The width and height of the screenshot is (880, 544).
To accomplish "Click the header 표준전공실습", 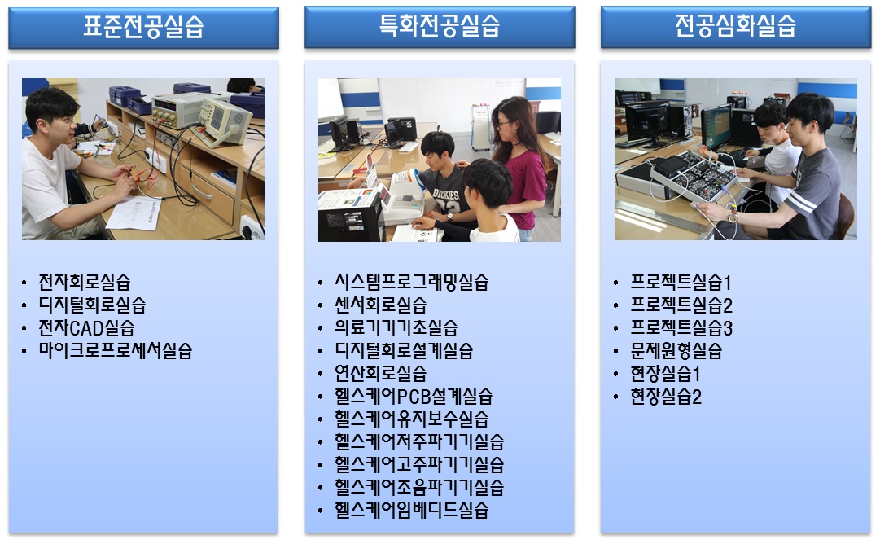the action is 143,26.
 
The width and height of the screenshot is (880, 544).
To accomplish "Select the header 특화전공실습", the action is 440,25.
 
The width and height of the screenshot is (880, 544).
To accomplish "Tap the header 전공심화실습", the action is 735,25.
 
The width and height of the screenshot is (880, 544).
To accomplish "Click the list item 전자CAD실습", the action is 86,328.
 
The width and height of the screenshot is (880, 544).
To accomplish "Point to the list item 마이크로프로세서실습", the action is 115,351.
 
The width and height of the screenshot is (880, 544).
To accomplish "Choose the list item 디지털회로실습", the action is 92,305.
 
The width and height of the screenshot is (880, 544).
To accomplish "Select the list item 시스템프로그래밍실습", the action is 411,282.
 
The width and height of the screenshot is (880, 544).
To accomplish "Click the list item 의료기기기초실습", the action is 396,328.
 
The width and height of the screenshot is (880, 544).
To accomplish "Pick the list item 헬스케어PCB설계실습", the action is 414,397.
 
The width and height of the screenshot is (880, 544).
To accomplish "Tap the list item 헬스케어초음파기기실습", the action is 419,487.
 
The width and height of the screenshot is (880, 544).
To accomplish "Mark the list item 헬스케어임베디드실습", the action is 411,511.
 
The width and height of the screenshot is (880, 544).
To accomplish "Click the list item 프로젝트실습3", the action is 681,328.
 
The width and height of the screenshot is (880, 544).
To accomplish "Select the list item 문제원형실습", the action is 676,351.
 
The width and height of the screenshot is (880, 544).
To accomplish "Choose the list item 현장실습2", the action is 666,397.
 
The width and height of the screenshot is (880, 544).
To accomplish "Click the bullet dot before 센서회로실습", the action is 321,306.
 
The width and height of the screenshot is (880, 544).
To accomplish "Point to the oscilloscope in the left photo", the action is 225,121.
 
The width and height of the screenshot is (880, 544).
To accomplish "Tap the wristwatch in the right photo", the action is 732,216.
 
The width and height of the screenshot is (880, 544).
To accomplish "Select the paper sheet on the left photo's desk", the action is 134,213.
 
